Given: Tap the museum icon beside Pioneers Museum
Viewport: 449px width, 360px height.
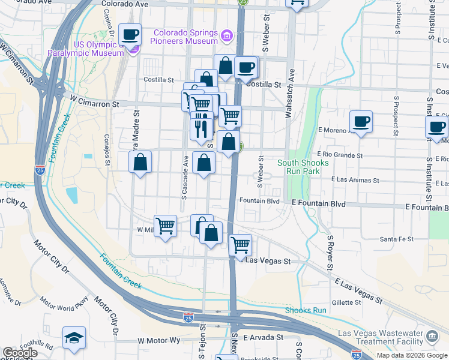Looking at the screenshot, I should pos(226,37).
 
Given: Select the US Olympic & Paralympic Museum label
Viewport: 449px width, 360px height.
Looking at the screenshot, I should pos(95,48).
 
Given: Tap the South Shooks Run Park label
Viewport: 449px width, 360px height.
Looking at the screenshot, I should pos(303,167).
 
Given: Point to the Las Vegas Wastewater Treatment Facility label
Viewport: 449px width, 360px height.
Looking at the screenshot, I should pos(379,338).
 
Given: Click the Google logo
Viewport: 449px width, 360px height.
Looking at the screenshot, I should pos(20,353).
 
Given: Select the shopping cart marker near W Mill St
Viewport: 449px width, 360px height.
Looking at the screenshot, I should pos(165,226).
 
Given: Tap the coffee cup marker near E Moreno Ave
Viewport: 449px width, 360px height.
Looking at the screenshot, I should pos(360,122).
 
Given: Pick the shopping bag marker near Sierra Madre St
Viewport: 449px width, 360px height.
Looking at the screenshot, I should pos(140,162).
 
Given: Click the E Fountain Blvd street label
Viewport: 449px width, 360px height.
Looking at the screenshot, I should pos(319,204).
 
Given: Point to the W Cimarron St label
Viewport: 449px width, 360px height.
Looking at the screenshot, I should pos(95,104).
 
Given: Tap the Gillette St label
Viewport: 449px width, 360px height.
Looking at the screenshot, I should pos(345,303).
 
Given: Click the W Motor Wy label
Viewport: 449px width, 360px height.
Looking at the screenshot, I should pos(158,340).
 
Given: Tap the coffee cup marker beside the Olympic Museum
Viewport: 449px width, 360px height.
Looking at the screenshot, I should pos(130,35).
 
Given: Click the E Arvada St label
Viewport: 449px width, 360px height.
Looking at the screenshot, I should pos(263,338).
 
